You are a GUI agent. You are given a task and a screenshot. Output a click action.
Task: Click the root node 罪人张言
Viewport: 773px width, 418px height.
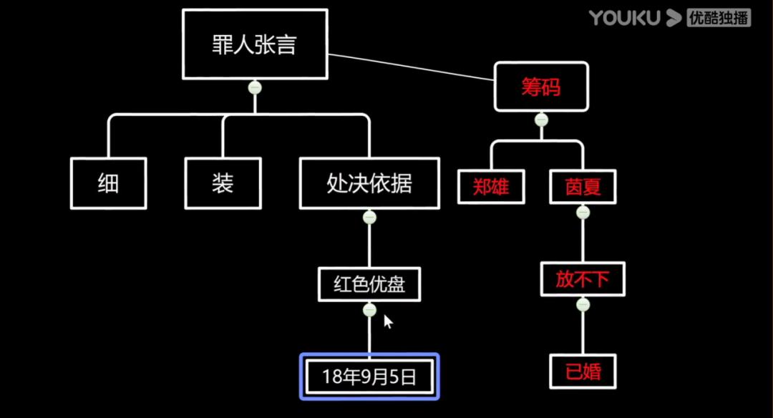pyautogui.click(x=255, y=44)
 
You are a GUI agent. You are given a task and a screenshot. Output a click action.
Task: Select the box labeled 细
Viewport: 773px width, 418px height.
pyautogui.click(x=108, y=184)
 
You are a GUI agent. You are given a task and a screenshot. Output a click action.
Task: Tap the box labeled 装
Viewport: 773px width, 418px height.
pyautogui.click(x=223, y=184)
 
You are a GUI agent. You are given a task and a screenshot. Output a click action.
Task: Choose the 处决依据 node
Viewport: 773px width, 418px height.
pyautogui.click(x=369, y=184)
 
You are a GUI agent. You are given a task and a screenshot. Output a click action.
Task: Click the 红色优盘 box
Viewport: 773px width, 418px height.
pyautogui.click(x=369, y=284)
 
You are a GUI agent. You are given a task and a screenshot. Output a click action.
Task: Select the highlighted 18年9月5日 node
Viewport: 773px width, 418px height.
pyautogui.click(x=369, y=376)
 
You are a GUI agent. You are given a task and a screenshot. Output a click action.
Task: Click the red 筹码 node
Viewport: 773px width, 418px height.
pyautogui.click(x=541, y=87)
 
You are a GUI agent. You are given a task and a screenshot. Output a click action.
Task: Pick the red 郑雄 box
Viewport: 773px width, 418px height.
pyautogui.click(x=491, y=187)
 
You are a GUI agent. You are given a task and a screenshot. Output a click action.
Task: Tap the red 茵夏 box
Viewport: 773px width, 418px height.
pyautogui.click(x=583, y=187)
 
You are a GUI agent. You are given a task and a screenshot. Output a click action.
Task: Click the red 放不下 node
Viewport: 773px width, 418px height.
pyautogui.click(x=583, y=279)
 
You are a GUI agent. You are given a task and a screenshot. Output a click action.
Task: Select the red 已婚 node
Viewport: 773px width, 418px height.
pyautogui.click(x=583, y=372)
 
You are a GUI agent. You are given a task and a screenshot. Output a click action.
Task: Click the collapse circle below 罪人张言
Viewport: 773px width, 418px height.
pyautogui.click(x=255, y=87)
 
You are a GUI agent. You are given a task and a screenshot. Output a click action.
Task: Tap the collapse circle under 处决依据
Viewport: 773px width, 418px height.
pyautogui.click(x=369, y=217)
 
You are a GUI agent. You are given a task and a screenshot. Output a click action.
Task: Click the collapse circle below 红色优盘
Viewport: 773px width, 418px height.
pyautogui.click(x=369, y=310)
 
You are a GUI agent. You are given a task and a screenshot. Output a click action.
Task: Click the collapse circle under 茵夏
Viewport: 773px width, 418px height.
pyautogui.click(x=583, y=213)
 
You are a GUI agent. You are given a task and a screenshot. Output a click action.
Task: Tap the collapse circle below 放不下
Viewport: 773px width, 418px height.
pyautogui.click(x=583, y=305)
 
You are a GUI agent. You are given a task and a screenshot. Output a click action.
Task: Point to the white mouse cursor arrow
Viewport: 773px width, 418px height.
pyautogui.click(x=388, y=322)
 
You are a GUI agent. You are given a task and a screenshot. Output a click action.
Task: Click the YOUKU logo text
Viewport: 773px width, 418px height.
pyautogui.click(x=624, y=18)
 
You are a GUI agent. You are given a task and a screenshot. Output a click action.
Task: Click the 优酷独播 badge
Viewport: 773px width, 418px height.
pyautogui.click(x=718, y=18)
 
